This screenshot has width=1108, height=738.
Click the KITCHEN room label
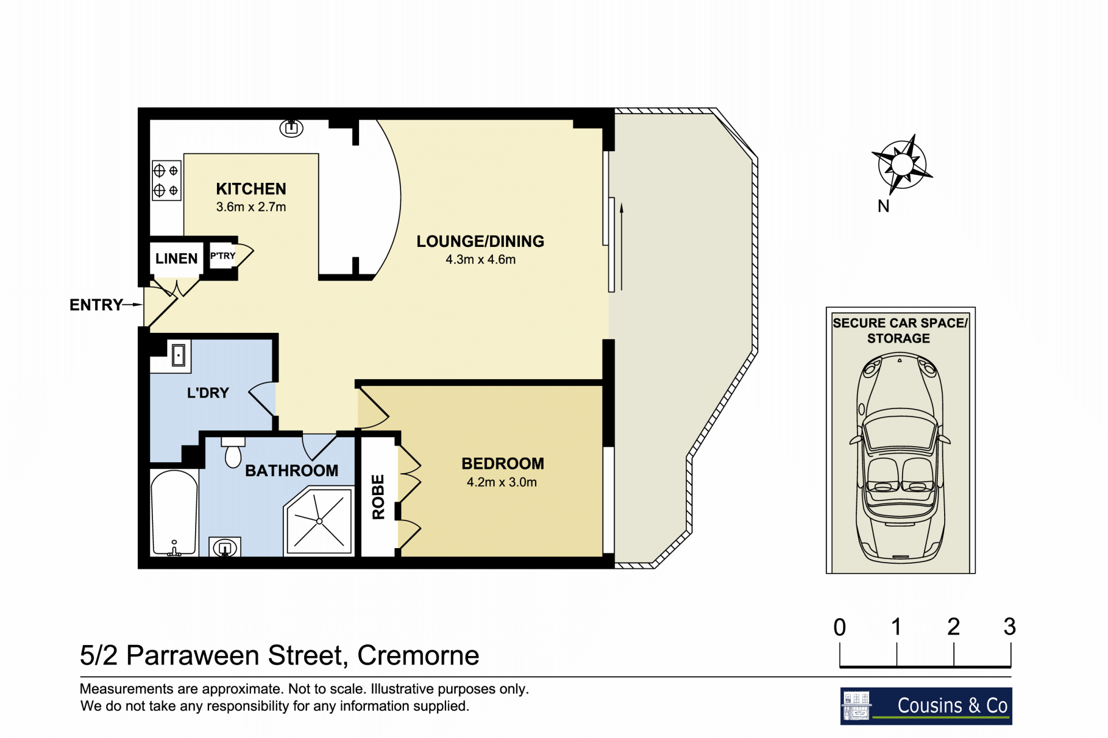pyautogui.click(x=251, y=189)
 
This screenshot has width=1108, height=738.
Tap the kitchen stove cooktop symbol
pyautogui.click(x=167, y=180)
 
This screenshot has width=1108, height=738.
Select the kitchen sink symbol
pyautogui.click(x=291, y=128)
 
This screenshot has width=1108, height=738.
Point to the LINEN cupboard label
pyautogui.click(x=176, y=259)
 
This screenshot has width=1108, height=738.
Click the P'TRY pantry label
pyautogui.click(x=223, y=256)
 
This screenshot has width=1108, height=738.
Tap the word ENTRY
pyautogui.click(x=96, y=305)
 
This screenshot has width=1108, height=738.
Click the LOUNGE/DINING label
pyautogui.click(x=480, y=241)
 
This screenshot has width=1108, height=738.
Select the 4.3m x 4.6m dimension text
pyautogui.click(x=480, y=260)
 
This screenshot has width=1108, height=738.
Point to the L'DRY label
pyautogui.click(x=208, y=393)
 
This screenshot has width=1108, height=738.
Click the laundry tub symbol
pyautogui.click(x=179, y=355)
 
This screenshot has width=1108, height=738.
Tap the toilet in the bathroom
pyautogui.click(x=233, y=452)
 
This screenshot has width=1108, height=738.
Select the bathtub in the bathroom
pyautogui.click(x=174, y=513)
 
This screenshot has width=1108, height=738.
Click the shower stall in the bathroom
pyautogui.click(x=319, y=521)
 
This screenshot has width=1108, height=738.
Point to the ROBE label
pyautogui.click(x=378, y=497)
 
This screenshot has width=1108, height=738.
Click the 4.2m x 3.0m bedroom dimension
pyautogui.click(x=501, y=482)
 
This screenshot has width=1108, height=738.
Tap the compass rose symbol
pyautogui.click(x=902, y=164)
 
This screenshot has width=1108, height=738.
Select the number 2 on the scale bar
pyautogui.click(x=953, y=627)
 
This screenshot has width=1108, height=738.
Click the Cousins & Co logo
pyautogui.click(x=926, y=706)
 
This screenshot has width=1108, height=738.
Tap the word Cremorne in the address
pyautogui.click(x=418, y=655)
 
